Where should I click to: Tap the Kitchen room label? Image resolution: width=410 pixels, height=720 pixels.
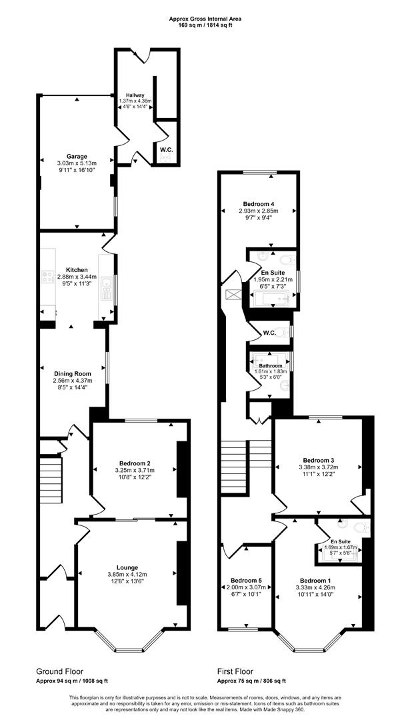tap(77, 269)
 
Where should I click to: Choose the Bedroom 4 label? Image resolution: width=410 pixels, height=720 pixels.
tap(259, 203)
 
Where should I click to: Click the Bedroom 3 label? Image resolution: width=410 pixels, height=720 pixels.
tap(319, 460)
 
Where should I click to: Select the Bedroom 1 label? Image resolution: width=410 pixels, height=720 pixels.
tap(316, 580)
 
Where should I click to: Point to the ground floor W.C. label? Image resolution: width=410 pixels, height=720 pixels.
tap(166, 149)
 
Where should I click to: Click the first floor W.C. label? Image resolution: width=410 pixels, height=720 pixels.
tap(269, 333)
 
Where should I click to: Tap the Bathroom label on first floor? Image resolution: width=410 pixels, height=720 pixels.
tap(271, 366)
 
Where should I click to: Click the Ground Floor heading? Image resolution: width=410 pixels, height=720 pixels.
tap(60, 671)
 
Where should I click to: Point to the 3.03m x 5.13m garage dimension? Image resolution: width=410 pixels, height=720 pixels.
tap(77, 163)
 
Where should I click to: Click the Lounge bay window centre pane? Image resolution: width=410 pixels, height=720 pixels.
tap(130, 649)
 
